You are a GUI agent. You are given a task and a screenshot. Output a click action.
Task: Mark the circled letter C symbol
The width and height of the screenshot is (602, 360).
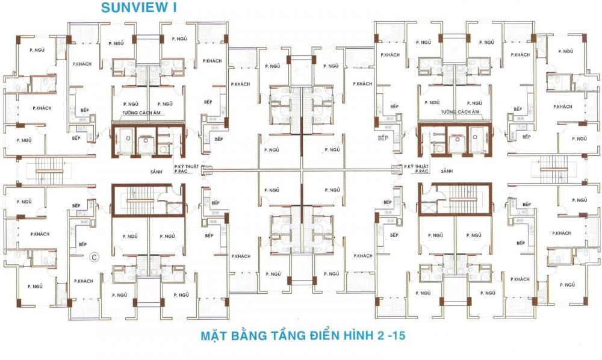(94, 257)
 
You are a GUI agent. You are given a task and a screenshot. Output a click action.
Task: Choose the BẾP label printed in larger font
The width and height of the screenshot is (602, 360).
(383, 138)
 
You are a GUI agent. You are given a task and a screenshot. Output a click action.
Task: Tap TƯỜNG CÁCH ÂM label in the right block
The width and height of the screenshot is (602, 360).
(459, 112)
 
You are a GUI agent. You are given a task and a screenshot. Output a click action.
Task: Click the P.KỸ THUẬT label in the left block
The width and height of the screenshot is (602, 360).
(186, 166)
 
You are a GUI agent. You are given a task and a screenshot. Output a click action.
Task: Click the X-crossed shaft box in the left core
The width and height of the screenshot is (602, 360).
(175, 209)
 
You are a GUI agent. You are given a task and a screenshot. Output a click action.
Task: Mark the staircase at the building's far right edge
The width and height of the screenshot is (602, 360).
(554, 170)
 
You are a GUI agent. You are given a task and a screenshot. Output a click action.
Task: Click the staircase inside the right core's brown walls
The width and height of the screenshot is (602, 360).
(462, 199)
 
